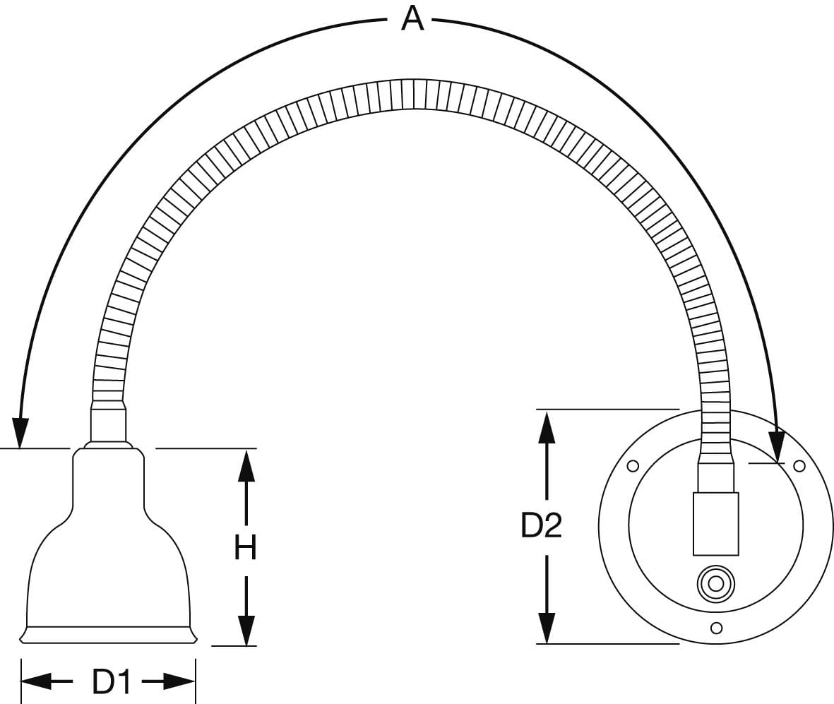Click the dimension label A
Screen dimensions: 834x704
pos(412,19)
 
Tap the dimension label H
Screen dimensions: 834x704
pos(246,547)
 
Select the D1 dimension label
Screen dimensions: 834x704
pos(111,681)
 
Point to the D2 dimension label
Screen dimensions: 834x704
pos(541,525)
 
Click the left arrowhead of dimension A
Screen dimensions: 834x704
pos(20,432)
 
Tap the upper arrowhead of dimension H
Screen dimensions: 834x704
pos(246,465)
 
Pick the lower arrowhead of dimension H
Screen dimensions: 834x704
pos(246,630)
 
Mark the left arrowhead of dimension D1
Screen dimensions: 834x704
pos(37,681)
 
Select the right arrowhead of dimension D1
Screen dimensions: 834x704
pos(180,681)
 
